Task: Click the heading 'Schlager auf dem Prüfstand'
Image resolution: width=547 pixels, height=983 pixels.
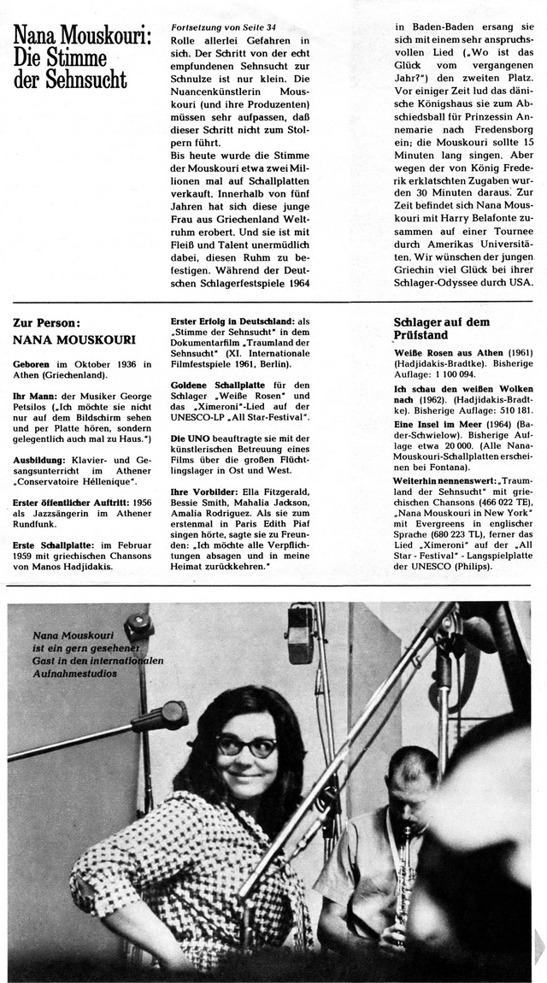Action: tap(442, 328)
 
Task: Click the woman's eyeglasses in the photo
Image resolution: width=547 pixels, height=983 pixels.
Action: tap(245, 746)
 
